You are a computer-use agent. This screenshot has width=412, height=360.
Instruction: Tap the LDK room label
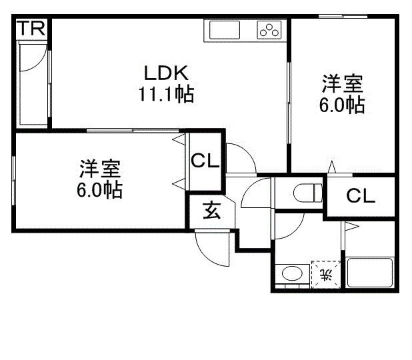(167, 72)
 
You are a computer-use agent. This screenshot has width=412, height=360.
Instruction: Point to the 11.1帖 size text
(166, 95)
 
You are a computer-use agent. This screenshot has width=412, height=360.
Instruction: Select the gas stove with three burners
(269, 31)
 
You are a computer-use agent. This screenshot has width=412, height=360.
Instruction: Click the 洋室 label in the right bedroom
(343, 84)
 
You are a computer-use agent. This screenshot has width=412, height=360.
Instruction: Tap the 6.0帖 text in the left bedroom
(99, 190)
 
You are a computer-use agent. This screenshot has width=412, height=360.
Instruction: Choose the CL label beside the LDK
(206, 161)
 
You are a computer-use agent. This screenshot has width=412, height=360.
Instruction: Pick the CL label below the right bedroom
(361, 196)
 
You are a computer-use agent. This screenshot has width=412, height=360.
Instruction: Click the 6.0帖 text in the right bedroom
(342, 105)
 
